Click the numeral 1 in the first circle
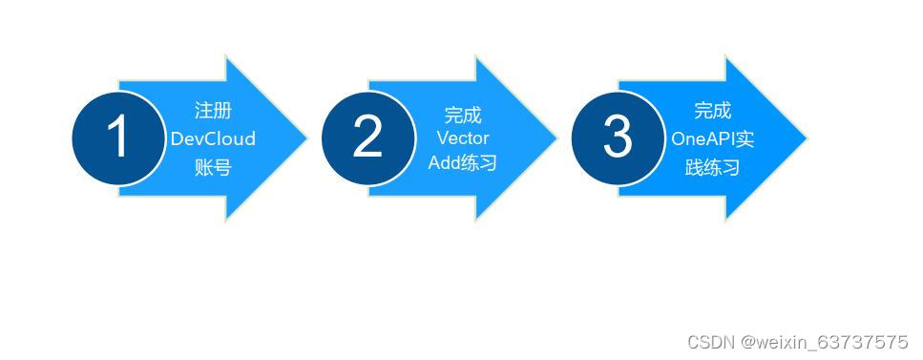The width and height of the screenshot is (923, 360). pyautogui.click(x=117, y=138)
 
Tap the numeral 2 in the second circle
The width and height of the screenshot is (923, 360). pyautogui.click(x=367, y=138)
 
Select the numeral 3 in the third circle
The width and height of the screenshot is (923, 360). pyautogui.click(x=618, y=138)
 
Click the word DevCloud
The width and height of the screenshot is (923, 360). pyautogui.click(x=213, y=138)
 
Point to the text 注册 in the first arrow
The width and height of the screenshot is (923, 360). pyautogui.click(x=213, y=110)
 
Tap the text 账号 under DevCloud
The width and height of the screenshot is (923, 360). pyautogui.click(x=213, y=167)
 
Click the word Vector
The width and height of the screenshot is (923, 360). pyautogui.click(x=463, y=138)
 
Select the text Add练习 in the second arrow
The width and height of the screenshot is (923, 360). pyautogui.click(x=463, y=163)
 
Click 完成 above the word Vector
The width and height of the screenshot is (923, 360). pyautogui.click(x=463, y=115)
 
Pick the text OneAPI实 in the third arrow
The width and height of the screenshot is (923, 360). pyautogui.click(x=712, y=138)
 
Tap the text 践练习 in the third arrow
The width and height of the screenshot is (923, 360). pyautogui.click(x=712, y=167)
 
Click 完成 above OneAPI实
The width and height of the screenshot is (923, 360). pyautogui.click(x=712, y=110)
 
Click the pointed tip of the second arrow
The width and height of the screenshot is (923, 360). pyautogui.click(x=556, y=138)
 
